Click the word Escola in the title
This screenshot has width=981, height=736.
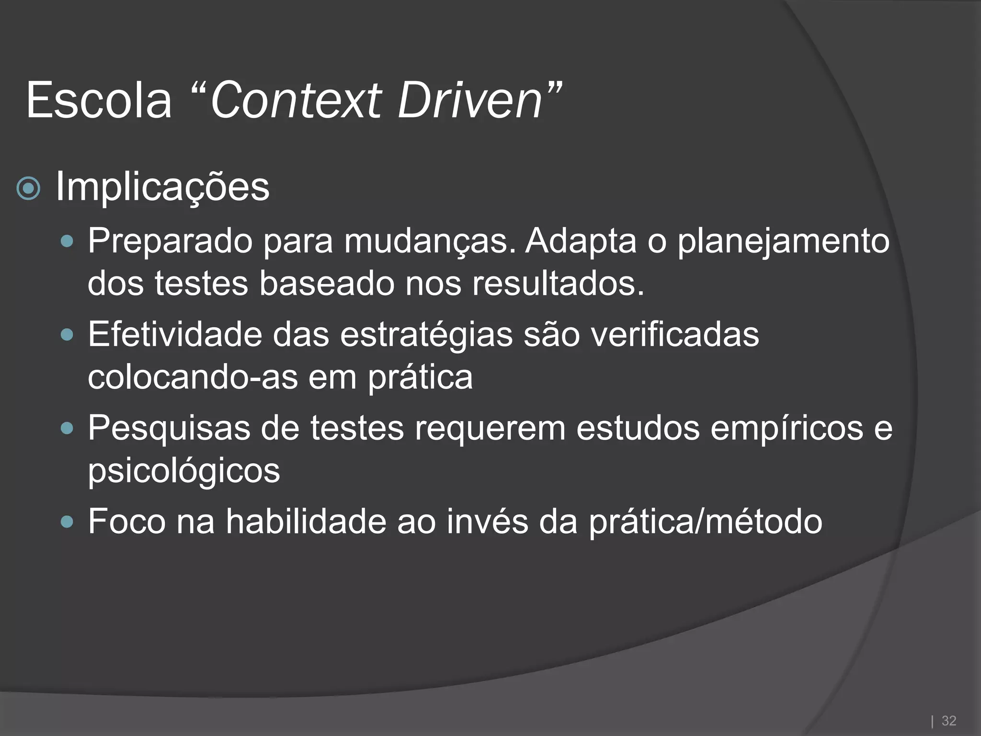point(99,101)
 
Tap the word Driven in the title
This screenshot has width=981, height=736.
point(469,101)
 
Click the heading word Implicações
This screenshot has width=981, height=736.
point(162,187)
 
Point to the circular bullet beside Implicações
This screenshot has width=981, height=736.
point(28,189)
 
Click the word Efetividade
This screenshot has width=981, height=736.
point(175,334)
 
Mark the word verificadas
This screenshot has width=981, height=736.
point(674,334)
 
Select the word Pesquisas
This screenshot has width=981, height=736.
point(169,428)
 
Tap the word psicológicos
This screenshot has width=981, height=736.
point(183,471)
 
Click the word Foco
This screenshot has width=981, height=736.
point(126,521)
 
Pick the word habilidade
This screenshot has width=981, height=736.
point(306,521)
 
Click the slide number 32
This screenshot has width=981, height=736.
point(949,721)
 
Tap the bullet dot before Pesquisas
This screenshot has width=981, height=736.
point(68,428)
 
